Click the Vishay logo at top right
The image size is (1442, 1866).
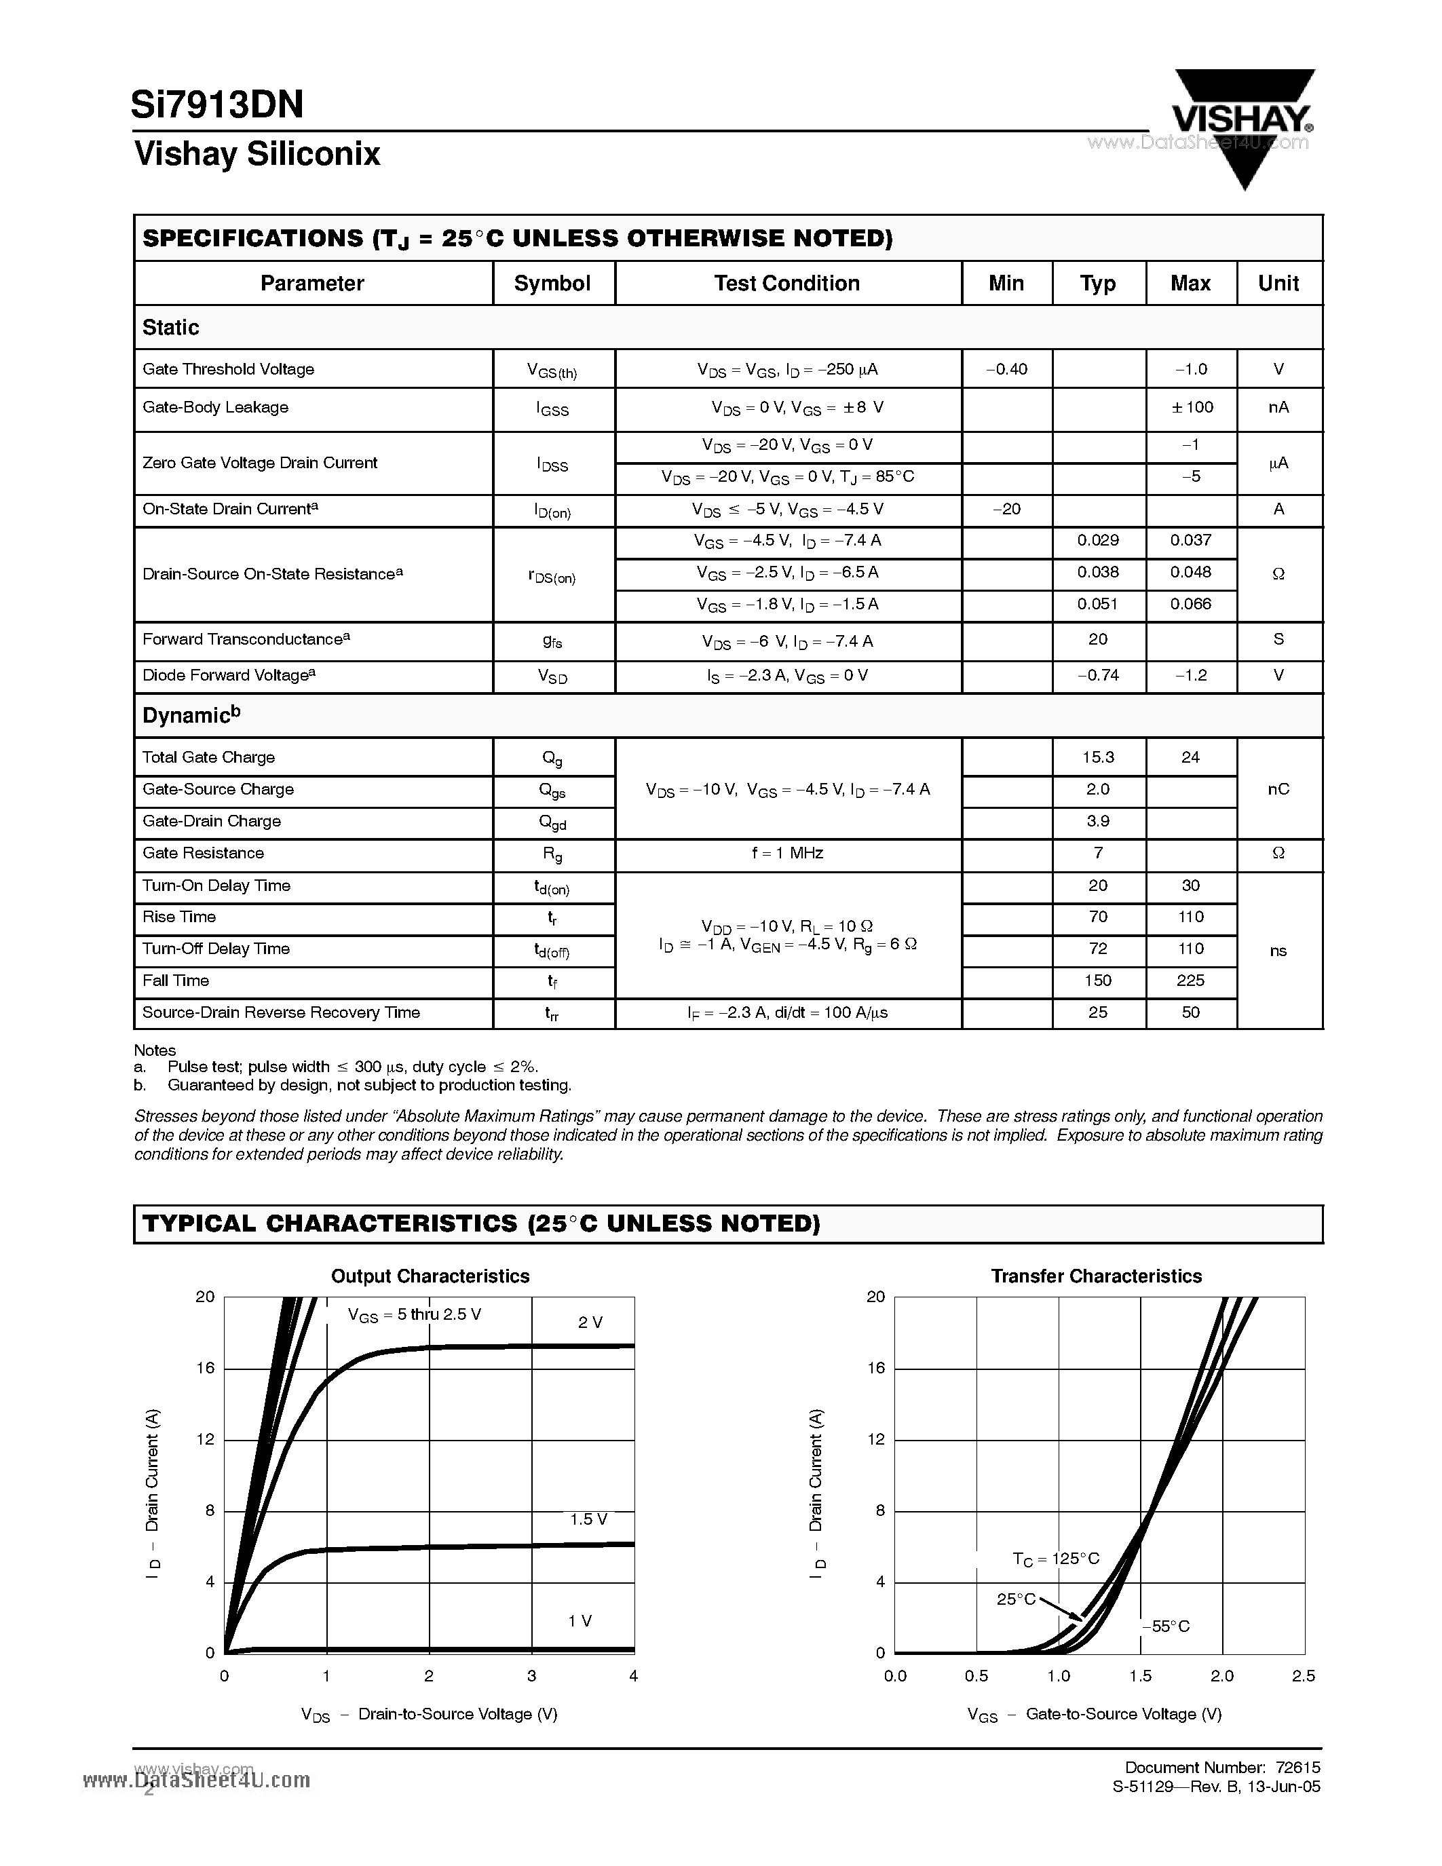coord(1243,119)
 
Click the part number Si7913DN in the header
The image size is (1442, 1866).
coord(217,105)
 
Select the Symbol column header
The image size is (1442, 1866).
coord(552,284)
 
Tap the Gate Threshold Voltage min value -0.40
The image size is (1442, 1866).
coord(1006,369)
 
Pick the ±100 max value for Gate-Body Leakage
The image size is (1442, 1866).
coord(1192,408)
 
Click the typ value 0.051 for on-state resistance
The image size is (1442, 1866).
coord(1098,604)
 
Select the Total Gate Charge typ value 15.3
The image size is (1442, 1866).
coord(1098,757)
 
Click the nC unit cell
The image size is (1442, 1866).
coord(1278,789)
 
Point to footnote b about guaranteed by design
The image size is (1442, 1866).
coord(367,1085)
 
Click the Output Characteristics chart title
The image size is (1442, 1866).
coord(430,1276)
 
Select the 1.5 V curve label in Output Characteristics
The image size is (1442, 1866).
coord(588,1519)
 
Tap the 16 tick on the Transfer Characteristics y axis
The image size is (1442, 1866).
coord(875,1368)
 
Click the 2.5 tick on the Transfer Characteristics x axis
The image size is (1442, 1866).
coord(1304,1676)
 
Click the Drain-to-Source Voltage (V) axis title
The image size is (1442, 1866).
coord(457,1714)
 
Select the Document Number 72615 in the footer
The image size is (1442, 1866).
coord(1221,1767)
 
